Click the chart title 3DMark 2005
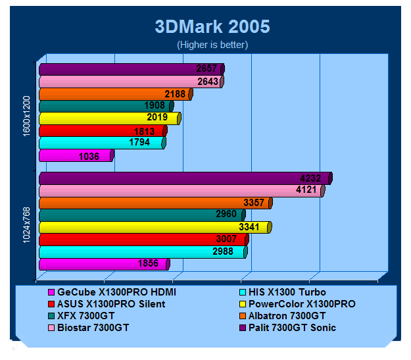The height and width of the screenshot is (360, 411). pos(212,26)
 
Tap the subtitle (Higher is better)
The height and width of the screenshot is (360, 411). pos(212,45)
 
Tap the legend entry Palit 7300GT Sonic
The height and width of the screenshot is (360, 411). pos(293,328)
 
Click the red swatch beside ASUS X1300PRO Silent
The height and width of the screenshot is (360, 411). pos(51,304)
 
